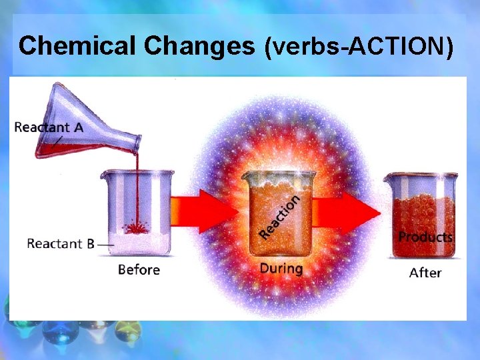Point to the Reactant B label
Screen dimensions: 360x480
click(60, 243)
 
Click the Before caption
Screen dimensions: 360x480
click(139, 269)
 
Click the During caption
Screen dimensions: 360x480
click(281, 269)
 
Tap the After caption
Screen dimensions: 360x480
click(425, 272)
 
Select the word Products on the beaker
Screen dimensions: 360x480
click(425, 237)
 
